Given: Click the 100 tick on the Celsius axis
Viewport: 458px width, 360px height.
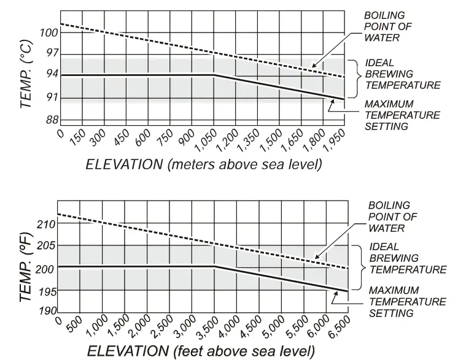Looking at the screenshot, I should click(x=49, y=33).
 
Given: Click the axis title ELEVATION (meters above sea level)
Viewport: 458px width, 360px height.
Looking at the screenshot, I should click(x=203, y=164).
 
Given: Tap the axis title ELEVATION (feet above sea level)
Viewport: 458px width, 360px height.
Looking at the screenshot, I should click(x=202, y=351).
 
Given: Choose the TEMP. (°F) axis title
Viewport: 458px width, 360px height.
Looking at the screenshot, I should click(x=25, y=268).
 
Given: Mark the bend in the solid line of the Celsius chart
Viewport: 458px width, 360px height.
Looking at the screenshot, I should click(x=213, y=74).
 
